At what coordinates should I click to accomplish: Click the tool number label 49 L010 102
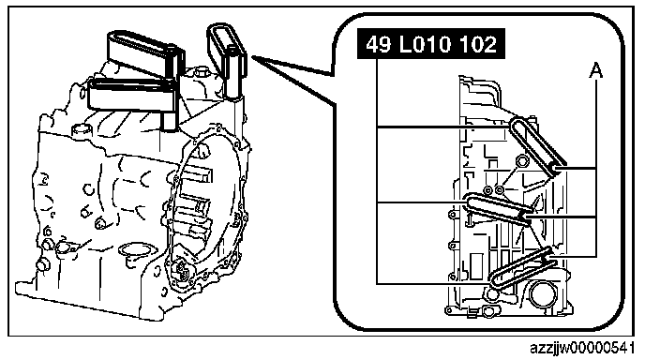(x=431, y=44)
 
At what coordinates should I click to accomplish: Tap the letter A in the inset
(x=595, y=70)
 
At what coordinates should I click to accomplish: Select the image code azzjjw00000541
(x=582, y=348)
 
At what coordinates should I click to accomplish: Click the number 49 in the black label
(x=379, y=44)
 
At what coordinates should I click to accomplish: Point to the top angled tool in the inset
(x=536, y=144)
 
